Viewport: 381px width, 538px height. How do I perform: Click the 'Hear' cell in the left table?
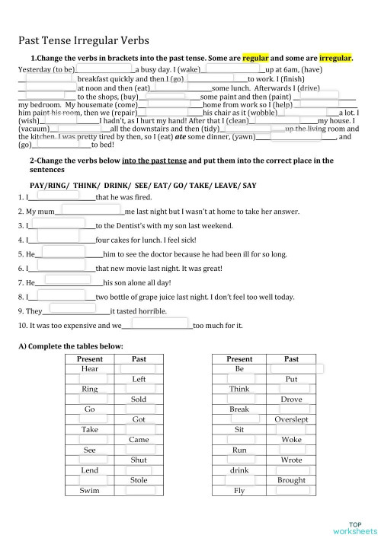(x=90, y=368)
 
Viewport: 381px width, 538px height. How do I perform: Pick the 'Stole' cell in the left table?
(x=139, y=480)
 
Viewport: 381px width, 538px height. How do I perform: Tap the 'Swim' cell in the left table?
(x=90, y=491)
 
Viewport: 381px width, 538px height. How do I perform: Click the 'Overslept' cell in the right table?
(x=291, y=419)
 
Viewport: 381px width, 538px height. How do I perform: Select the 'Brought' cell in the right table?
(x=291, y=480)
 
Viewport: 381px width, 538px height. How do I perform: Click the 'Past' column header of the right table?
(x=291, y=358)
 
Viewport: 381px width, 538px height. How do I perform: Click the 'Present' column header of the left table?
(x=90, y=358)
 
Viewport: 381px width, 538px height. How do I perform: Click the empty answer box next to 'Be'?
(x=291, y=368)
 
